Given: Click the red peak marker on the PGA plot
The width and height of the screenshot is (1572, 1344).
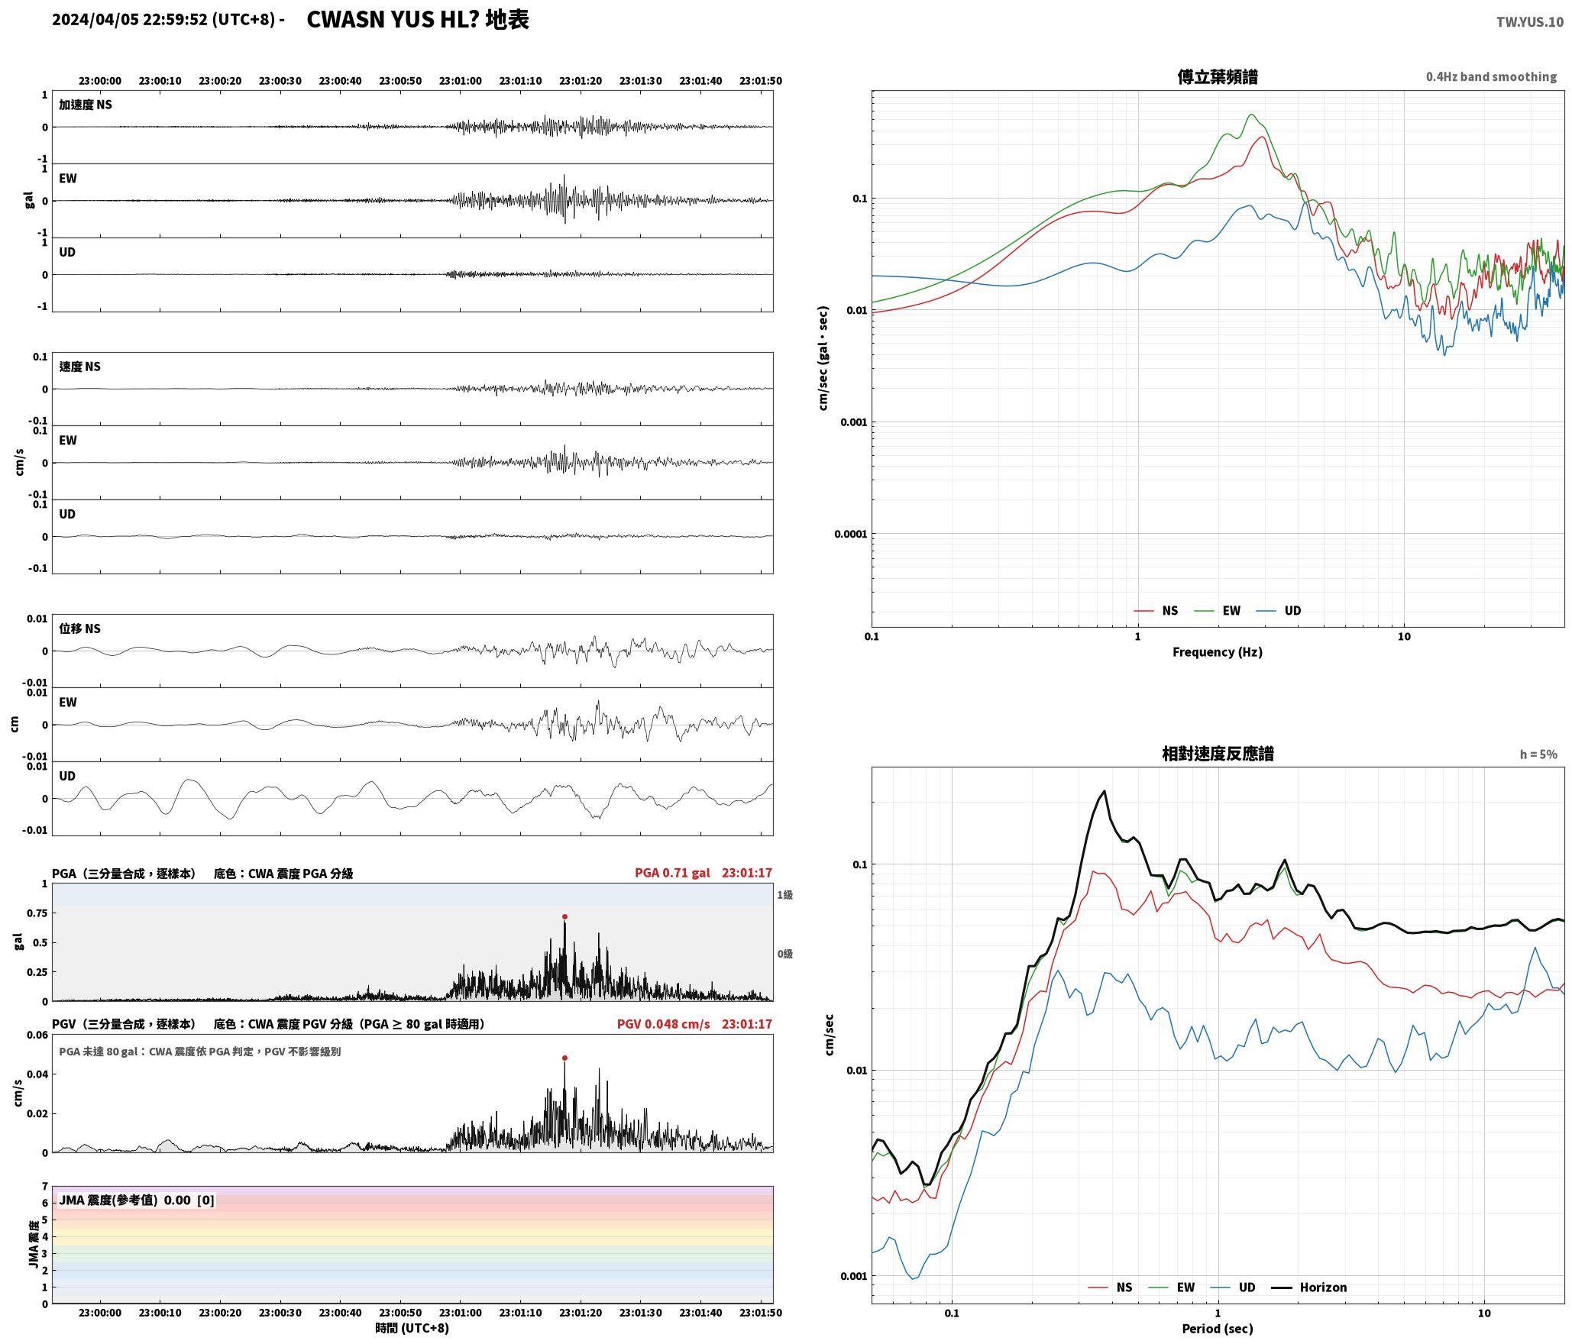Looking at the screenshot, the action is click(564, 916).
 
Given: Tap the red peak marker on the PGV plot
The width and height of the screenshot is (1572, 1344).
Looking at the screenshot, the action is click(564, 1058).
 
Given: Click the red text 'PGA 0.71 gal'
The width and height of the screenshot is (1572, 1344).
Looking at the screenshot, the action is click(672, 873).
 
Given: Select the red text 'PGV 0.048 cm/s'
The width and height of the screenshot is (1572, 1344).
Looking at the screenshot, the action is click(663, 1024).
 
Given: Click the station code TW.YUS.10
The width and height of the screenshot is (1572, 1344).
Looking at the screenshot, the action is click(1529, 22).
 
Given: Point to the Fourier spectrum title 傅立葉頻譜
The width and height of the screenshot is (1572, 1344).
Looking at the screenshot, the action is click(1218, 77).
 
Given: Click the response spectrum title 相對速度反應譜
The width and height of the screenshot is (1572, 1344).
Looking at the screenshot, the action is click(1218, 754).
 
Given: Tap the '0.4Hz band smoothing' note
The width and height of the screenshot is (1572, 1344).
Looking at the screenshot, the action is click(1491, 77).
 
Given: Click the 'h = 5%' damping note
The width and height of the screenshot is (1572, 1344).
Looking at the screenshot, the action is click(1538, 754).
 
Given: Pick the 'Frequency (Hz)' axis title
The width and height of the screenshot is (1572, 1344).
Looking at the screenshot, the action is click(1218, 652).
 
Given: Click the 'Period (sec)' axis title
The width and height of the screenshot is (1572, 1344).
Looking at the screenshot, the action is click(1218, 1329).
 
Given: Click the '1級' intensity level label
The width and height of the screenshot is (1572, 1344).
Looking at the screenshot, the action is click(784, 895).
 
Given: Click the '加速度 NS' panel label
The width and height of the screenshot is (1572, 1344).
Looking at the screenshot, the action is click(86, 105).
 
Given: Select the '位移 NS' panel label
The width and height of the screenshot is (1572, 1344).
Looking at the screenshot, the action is click(80, 628).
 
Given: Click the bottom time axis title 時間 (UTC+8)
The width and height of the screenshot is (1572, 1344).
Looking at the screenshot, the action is click(412, 1328).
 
